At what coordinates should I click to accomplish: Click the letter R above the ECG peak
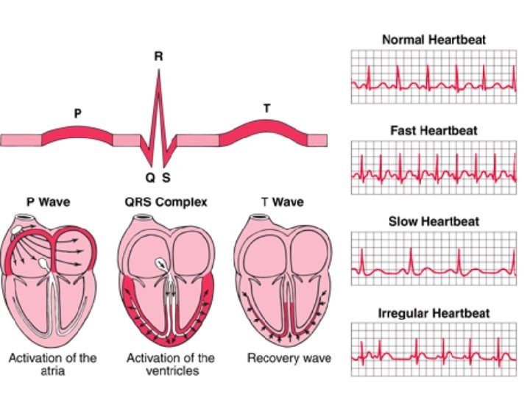158,56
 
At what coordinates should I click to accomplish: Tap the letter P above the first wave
77,113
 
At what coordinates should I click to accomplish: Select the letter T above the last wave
266,109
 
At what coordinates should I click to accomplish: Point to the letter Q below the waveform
150,177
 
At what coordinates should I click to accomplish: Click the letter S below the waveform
166,177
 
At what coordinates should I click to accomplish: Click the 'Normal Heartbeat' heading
434,39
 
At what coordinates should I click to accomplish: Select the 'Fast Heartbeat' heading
434,130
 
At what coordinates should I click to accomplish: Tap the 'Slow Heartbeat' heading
434,221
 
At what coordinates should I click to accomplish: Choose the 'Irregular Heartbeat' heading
434,312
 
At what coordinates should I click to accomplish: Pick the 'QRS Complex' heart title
166,201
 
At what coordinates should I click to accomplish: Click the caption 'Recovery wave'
289,359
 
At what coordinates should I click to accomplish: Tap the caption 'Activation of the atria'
52,365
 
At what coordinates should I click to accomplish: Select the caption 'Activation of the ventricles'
171,365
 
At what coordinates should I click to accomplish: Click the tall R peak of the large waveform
158,81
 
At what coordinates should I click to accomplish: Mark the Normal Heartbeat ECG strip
434,76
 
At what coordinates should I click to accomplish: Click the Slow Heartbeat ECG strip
434,259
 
